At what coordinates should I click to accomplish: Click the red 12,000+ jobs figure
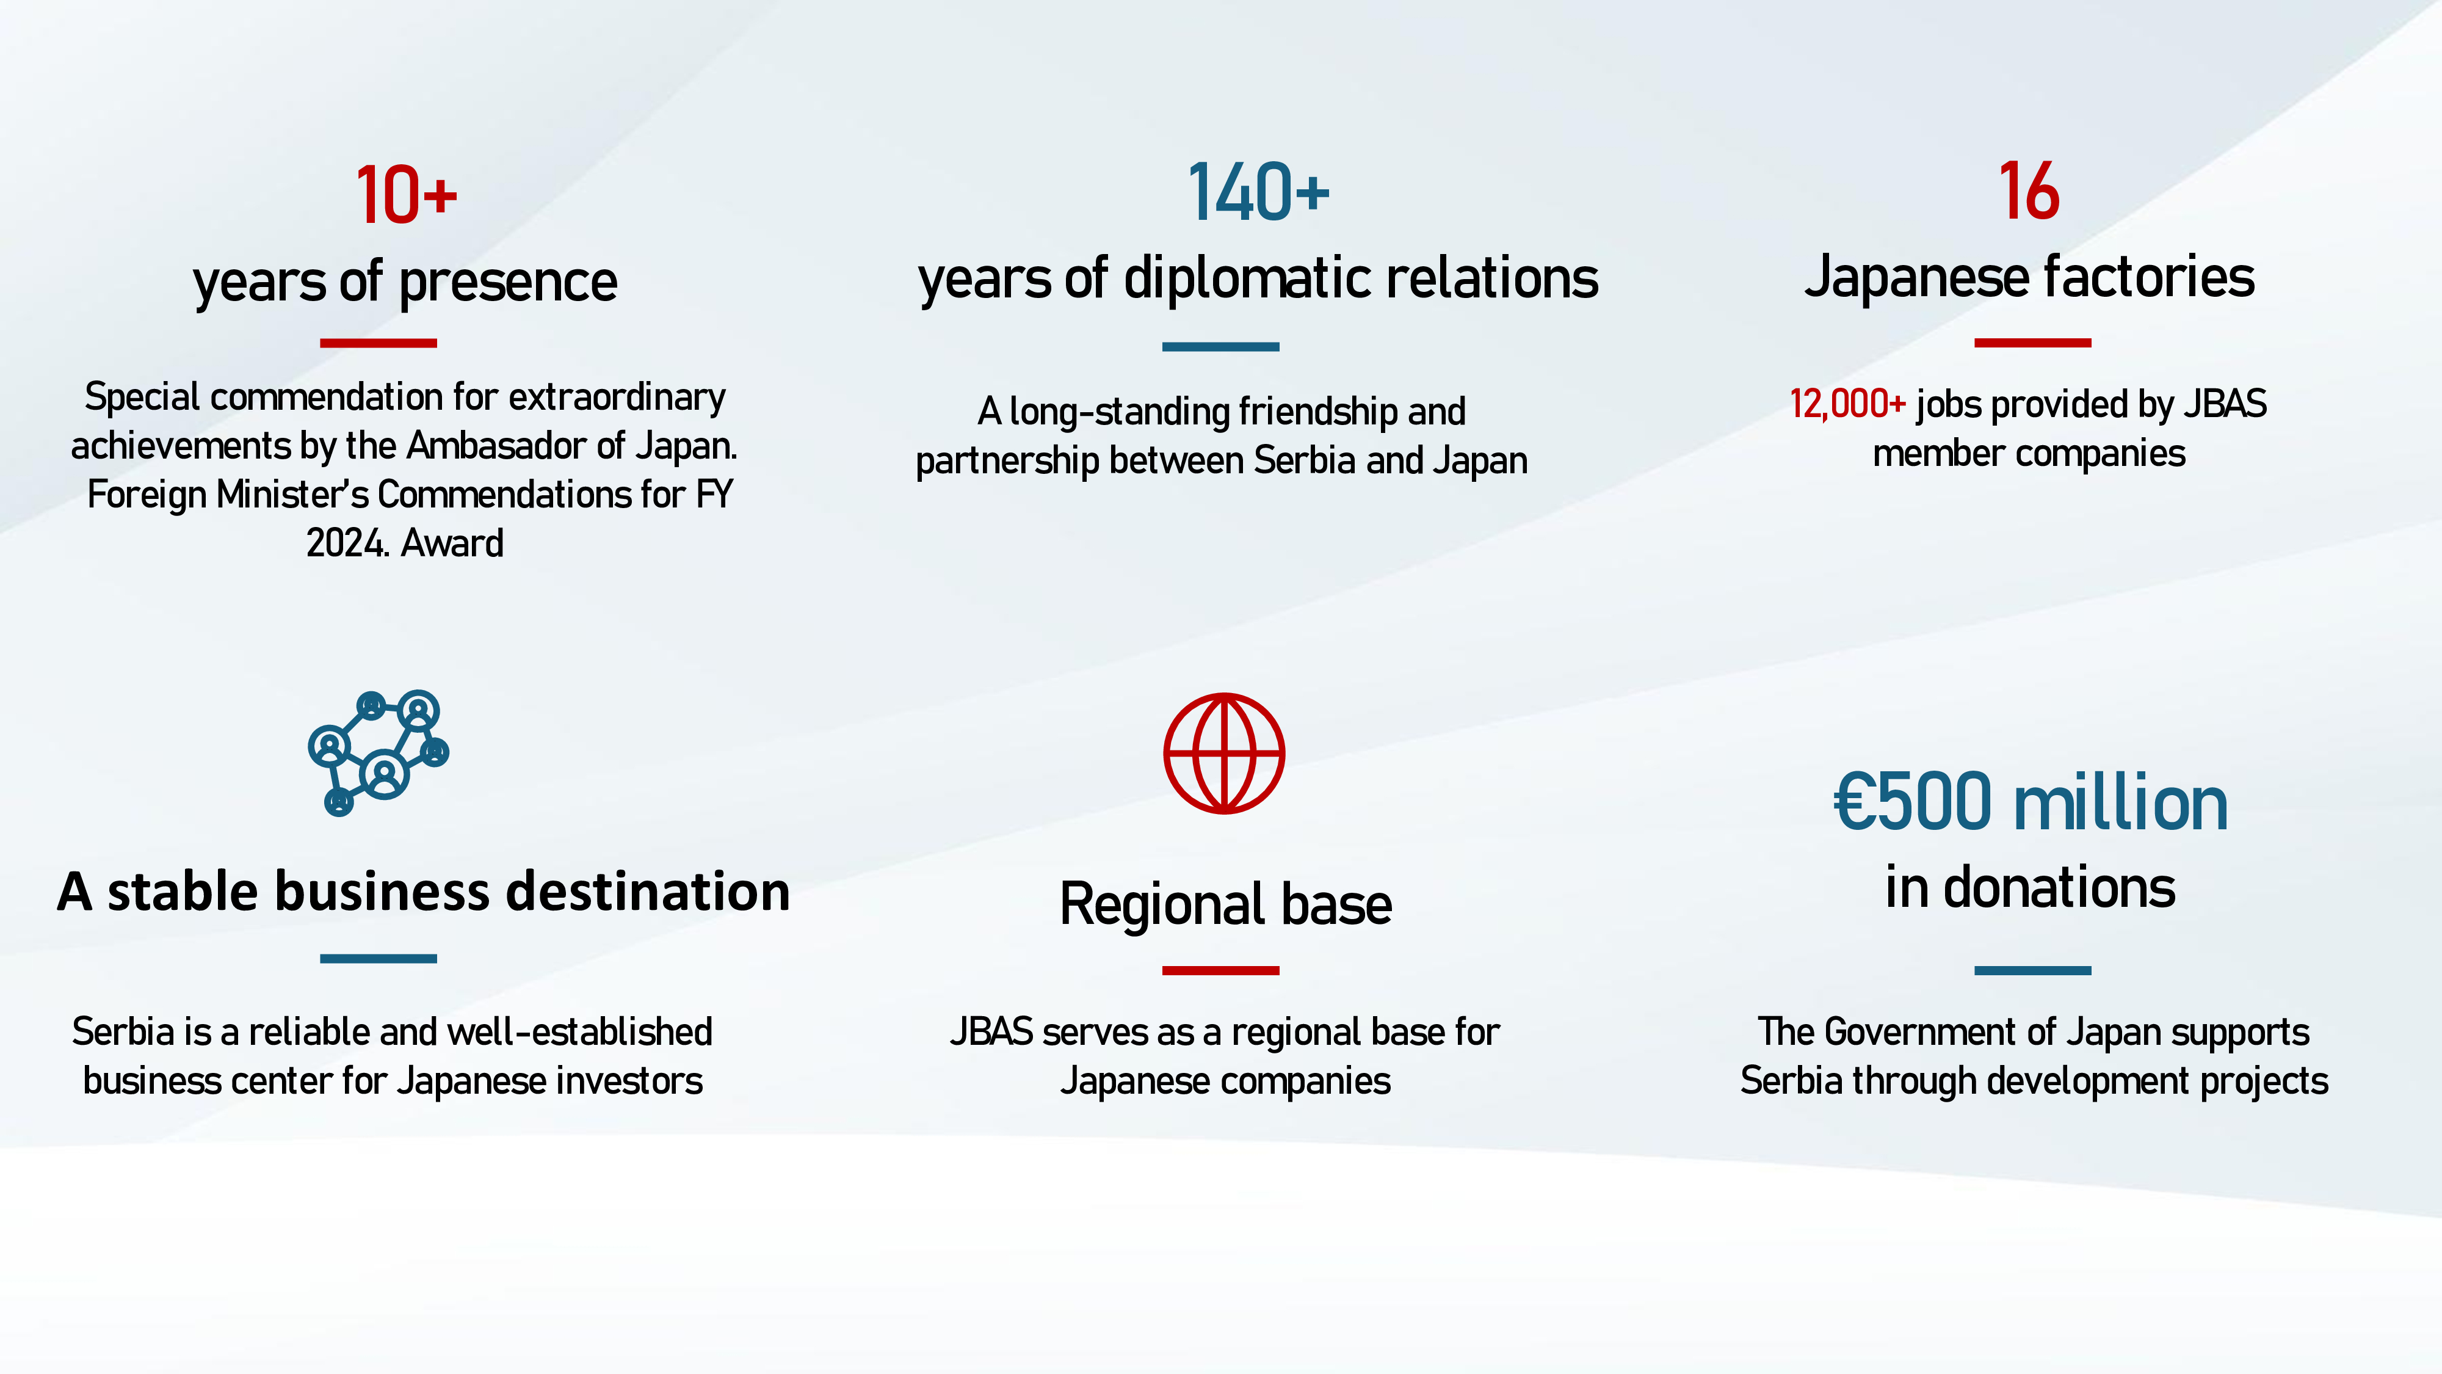1847,404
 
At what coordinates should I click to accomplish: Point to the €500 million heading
2031,802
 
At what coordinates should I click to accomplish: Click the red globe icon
1224,753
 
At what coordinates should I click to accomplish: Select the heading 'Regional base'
1225,904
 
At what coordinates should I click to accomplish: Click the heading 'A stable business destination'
423,892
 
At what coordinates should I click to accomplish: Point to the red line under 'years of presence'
379,343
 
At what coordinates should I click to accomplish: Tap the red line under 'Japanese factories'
2032,343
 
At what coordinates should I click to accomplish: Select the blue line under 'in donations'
2032,970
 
